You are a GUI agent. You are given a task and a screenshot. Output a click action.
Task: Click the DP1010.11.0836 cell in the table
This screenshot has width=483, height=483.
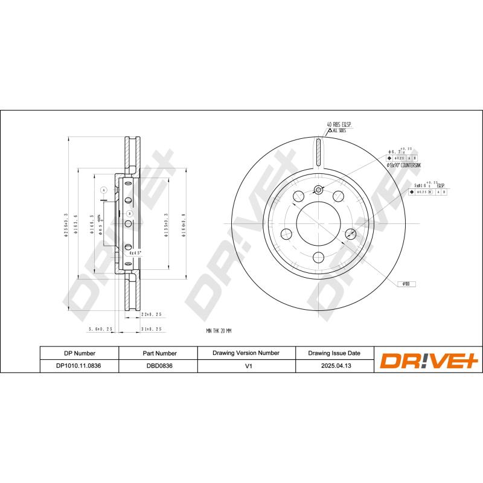tap(79, 365)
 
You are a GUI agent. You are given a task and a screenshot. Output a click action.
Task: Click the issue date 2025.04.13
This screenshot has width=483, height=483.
tap(334, 365)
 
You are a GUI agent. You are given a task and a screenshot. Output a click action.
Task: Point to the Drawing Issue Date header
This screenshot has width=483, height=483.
tap(334, 353)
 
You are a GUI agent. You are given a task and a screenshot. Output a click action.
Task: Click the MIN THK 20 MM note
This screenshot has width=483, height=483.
tap(219, 331)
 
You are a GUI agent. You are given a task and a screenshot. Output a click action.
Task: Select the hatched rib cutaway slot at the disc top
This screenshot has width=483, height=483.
tap(318, 151)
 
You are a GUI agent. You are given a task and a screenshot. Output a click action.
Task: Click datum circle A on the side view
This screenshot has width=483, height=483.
tap(103, 191)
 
